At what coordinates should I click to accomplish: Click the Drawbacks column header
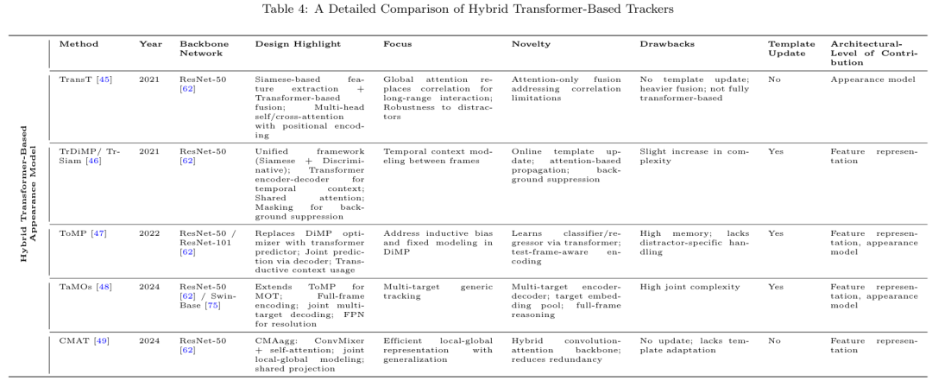[663, 43]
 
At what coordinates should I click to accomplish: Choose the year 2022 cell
[149, 234]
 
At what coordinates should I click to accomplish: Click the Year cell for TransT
[149, 78]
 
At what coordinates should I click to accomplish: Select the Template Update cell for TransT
[774, 78]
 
